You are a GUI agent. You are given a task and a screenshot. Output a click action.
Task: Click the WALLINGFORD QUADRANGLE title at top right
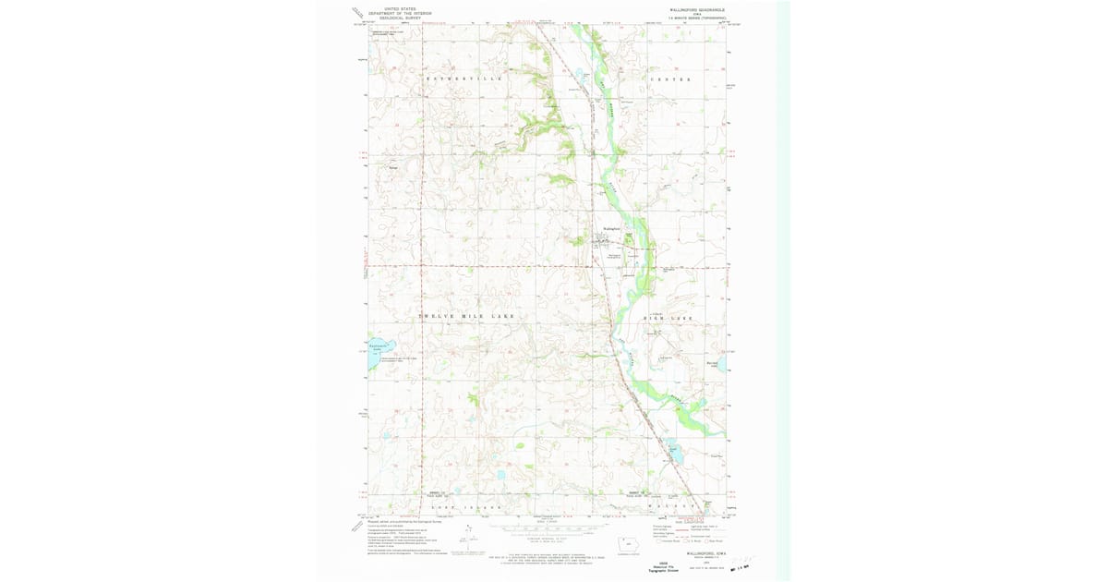click(x=698, y=8)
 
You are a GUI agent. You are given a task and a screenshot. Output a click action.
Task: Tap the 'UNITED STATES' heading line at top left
click(x=399, y=7)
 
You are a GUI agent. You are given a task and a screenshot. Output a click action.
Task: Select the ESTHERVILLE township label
click(x=464, y=79)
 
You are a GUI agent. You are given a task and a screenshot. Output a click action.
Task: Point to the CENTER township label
click(x=670, y=79)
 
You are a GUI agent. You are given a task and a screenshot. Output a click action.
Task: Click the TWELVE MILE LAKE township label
click(x=467, y=317)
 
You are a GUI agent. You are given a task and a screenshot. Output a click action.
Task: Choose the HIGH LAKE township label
click(x=667, y=318)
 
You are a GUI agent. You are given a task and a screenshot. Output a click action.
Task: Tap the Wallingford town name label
click(x=610, y=228)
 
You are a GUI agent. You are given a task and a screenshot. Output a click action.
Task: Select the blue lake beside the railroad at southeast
click(x=675, y=455)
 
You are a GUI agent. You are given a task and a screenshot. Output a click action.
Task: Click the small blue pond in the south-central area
click(x=500, y=475)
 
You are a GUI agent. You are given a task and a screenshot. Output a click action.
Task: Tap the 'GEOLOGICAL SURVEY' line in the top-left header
click(x=399, y=17)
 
